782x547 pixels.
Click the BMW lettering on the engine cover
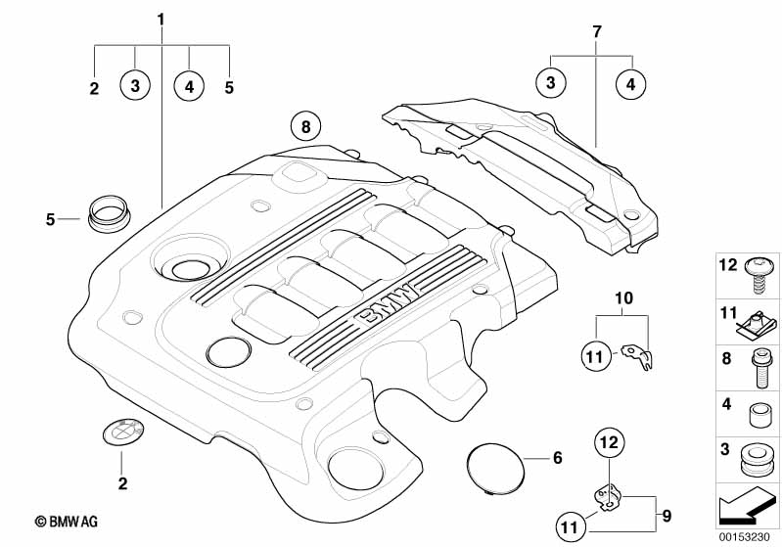[x=386, y=305]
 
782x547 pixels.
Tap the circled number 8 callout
[x=305, y=126]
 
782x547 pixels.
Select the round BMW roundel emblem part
[x=123, y=431]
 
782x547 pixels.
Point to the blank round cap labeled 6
[x=496, y=468]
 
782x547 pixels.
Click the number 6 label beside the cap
[x=558, y=458]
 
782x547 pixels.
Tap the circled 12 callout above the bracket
[x=610, y=442]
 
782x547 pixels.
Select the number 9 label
[x=667, y=516]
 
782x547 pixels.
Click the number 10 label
[x=623, y=298]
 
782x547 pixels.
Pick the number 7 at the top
[x=597, y=32]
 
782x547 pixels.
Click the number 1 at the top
[x=161, y=20]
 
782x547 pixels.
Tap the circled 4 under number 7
[x=631, y=84]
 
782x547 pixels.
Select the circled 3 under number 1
[x=135, y=85]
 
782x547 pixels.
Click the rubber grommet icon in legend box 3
[x=758, y=459]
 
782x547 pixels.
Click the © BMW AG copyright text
[x=66, y=522]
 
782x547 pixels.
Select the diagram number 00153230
[x=744, y=536]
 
